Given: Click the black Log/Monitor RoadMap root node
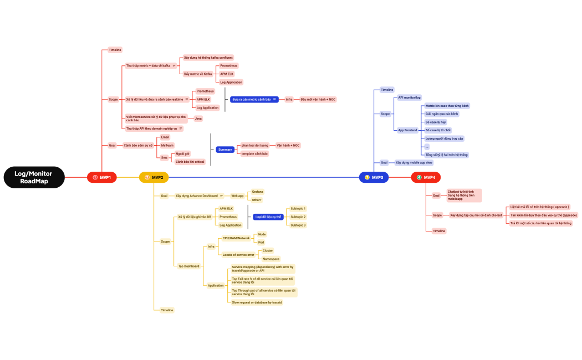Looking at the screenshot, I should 34,177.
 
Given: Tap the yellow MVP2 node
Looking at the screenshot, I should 154,177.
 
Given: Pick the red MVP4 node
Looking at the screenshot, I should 426,177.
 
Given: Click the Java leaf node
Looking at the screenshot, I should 198,118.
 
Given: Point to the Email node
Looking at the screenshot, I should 165,137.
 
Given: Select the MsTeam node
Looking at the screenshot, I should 167,145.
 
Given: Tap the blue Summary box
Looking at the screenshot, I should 225,150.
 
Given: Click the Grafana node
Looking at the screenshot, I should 257,192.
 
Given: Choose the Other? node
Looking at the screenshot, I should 257,199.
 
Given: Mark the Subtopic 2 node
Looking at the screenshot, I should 298,217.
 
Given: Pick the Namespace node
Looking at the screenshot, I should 271,259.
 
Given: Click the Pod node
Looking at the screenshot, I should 261,242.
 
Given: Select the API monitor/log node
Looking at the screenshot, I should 410,97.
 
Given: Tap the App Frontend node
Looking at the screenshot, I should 407,130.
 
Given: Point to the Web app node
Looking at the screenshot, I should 237,196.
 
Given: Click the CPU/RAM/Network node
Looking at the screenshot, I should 236,238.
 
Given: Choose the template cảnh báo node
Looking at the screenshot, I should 254,153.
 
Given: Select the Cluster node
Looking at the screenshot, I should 268,250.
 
